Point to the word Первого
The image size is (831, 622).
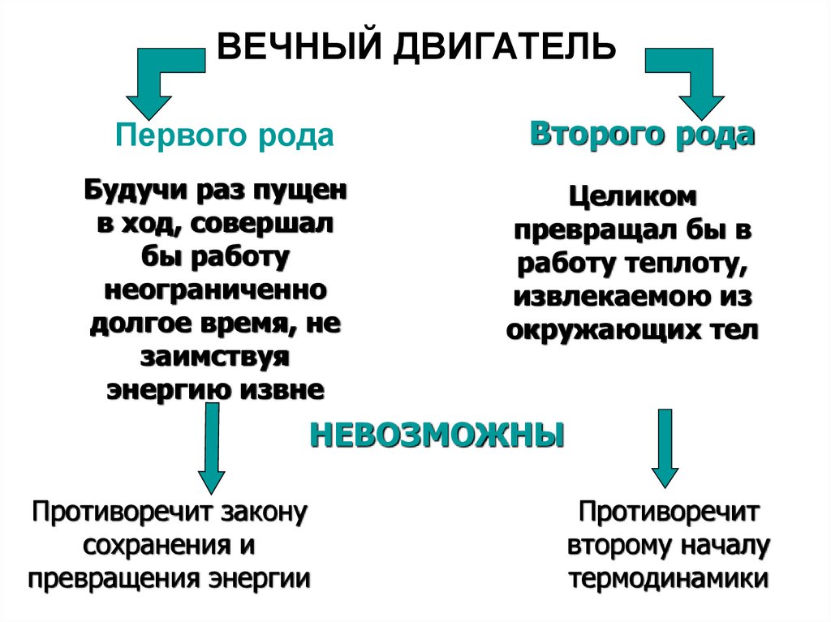click(170, 135)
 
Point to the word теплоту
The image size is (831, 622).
click(687, 264)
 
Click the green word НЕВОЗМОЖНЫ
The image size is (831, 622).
click(437, 435)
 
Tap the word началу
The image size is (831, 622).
click(724, 546)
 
